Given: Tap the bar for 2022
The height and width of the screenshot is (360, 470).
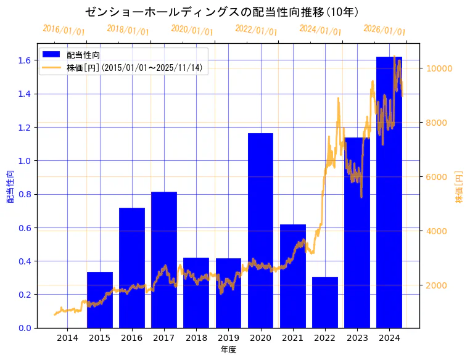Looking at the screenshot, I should [x=324, y=302].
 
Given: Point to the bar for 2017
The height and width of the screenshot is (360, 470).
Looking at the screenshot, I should [x=164, y=260].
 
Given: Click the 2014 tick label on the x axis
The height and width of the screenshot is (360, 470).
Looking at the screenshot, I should [x=68, y=338].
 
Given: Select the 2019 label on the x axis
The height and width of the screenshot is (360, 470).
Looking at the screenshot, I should [x=228, y=338].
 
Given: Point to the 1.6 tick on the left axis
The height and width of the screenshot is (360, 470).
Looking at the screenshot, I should [x=25, y=60].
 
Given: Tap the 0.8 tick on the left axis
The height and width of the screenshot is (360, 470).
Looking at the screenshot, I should [x=25, y=194].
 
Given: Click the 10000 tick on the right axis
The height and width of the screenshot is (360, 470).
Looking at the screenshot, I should [x=438, y=68].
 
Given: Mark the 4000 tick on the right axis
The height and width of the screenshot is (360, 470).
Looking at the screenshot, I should [x=435, y=231].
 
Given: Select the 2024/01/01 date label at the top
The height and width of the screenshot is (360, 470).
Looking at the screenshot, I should [x=320, y=30].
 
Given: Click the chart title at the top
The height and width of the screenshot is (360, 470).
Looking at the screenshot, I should [x=223, y=12].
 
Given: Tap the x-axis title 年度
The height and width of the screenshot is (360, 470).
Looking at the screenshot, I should [x=228, y=350].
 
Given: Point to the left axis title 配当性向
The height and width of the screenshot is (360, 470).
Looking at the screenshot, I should [x=10, y=186].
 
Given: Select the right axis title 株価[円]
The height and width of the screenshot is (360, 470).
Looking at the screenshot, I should [x=459, y=186].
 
